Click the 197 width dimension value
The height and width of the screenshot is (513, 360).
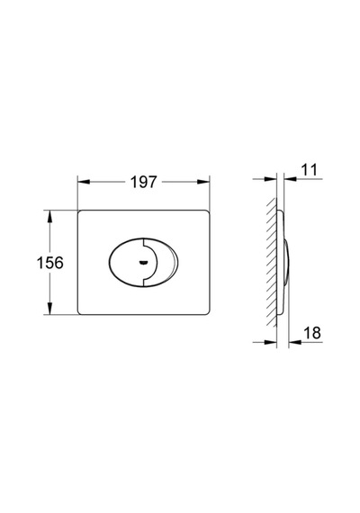[144, 182]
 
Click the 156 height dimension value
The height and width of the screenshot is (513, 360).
[49, 263]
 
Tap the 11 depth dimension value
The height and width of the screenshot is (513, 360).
[309, 170]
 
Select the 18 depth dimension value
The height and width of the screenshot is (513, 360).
[312, 333]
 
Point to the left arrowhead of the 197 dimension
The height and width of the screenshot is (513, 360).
[84, 182]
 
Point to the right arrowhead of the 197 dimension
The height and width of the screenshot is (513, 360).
[202, 182]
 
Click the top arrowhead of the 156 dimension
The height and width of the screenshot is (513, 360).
[49, 216]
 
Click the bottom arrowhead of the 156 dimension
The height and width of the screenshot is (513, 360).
[49, 309]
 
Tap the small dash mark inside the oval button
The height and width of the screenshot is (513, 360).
[143, 262]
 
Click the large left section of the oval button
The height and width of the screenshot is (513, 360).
[126, 263]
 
